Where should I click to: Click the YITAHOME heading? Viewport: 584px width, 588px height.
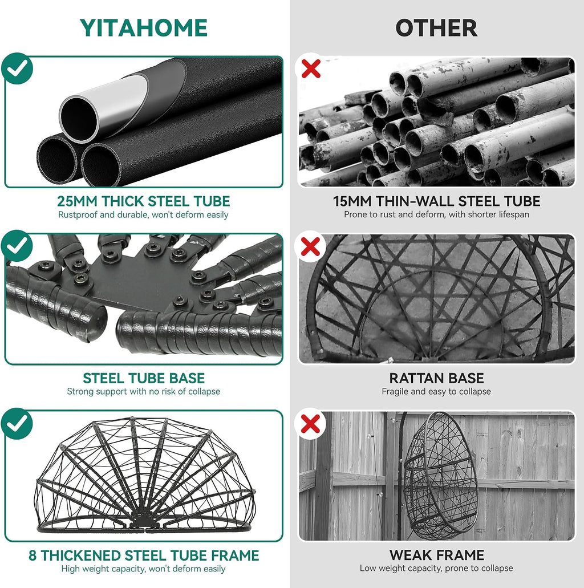[144, 28]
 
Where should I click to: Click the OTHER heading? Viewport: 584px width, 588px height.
[436, 28]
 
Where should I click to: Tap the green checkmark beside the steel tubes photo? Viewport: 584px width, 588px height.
[17, 68]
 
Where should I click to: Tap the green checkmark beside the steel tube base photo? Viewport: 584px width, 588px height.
[17, 246]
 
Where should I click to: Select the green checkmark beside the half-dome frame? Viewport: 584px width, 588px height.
[17, 423]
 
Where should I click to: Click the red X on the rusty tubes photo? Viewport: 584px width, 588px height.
[311, 68]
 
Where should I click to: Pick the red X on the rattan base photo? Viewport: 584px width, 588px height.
[311, 247]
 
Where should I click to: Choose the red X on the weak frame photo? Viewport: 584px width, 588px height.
[311, 424]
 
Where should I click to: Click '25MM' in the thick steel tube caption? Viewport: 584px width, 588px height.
[77, 201]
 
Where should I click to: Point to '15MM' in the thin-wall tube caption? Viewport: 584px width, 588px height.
[352, 201]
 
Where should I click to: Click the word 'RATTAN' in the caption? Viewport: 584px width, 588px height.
[415, 378]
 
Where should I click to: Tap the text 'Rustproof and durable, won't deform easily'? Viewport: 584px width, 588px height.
[143, 215]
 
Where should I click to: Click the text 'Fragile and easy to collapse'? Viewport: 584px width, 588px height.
[436, 391]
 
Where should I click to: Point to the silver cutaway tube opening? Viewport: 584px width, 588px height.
[79, 119]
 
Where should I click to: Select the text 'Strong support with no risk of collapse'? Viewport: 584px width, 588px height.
[143, 391]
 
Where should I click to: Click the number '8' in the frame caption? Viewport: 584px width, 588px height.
[33, 555]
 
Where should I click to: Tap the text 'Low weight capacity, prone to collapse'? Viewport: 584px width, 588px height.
[436, 569]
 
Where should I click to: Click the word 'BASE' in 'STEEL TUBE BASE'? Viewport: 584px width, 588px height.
[187, 378]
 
